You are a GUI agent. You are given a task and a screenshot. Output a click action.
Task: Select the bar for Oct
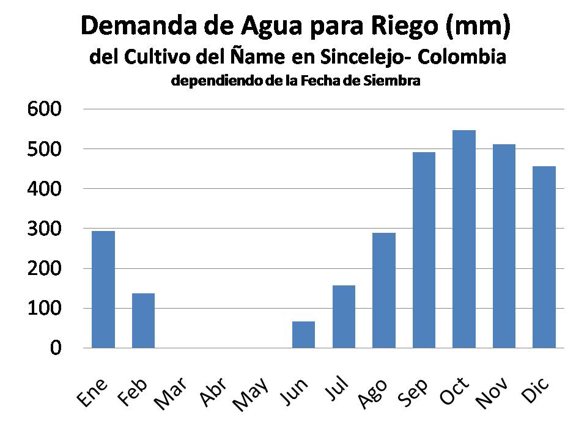click(x=463, y=239)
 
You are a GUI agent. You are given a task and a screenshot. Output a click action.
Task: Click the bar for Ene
click(x=103, y=289)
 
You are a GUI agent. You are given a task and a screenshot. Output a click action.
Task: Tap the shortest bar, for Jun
click(x=303, y=334)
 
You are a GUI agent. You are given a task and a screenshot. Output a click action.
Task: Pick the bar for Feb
click(x=143, y=320)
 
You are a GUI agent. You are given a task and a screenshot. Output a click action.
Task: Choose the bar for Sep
click(x=424, y=250)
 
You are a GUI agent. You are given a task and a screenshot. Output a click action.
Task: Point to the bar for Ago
click(x=383, y=290)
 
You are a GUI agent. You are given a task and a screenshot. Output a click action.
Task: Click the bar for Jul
click(x=344, y=317)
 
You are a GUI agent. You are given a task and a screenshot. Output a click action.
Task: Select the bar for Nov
click(x=504, y=246)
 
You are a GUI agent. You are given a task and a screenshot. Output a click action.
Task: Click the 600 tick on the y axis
click(x=45, y=109)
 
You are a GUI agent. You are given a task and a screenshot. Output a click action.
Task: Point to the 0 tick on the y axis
click(x=56, y=348)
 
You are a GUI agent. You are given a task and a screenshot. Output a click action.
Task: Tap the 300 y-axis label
click(x=45, y=229)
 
